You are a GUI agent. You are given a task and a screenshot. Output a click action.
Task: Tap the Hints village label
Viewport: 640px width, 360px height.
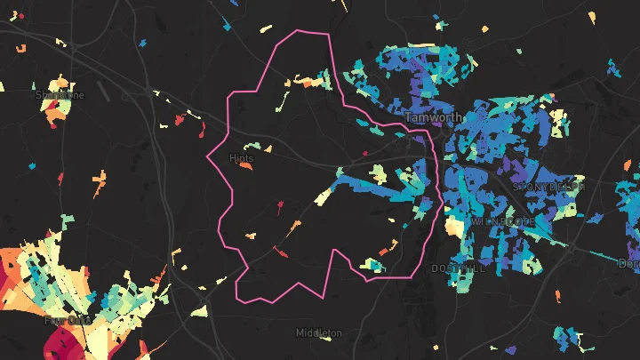coord(241,158)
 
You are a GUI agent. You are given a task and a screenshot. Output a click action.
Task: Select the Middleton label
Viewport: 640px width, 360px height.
coord(318,332)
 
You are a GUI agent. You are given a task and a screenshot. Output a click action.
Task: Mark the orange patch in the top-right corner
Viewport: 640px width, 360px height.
coord(592,16)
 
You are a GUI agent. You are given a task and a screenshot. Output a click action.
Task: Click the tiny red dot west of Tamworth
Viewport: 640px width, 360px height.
coord(365,153)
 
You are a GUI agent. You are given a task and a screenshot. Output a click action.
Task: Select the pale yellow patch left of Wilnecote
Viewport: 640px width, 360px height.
coord(454,228)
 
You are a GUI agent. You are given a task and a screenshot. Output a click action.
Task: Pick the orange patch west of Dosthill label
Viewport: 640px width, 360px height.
coord(389,247)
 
